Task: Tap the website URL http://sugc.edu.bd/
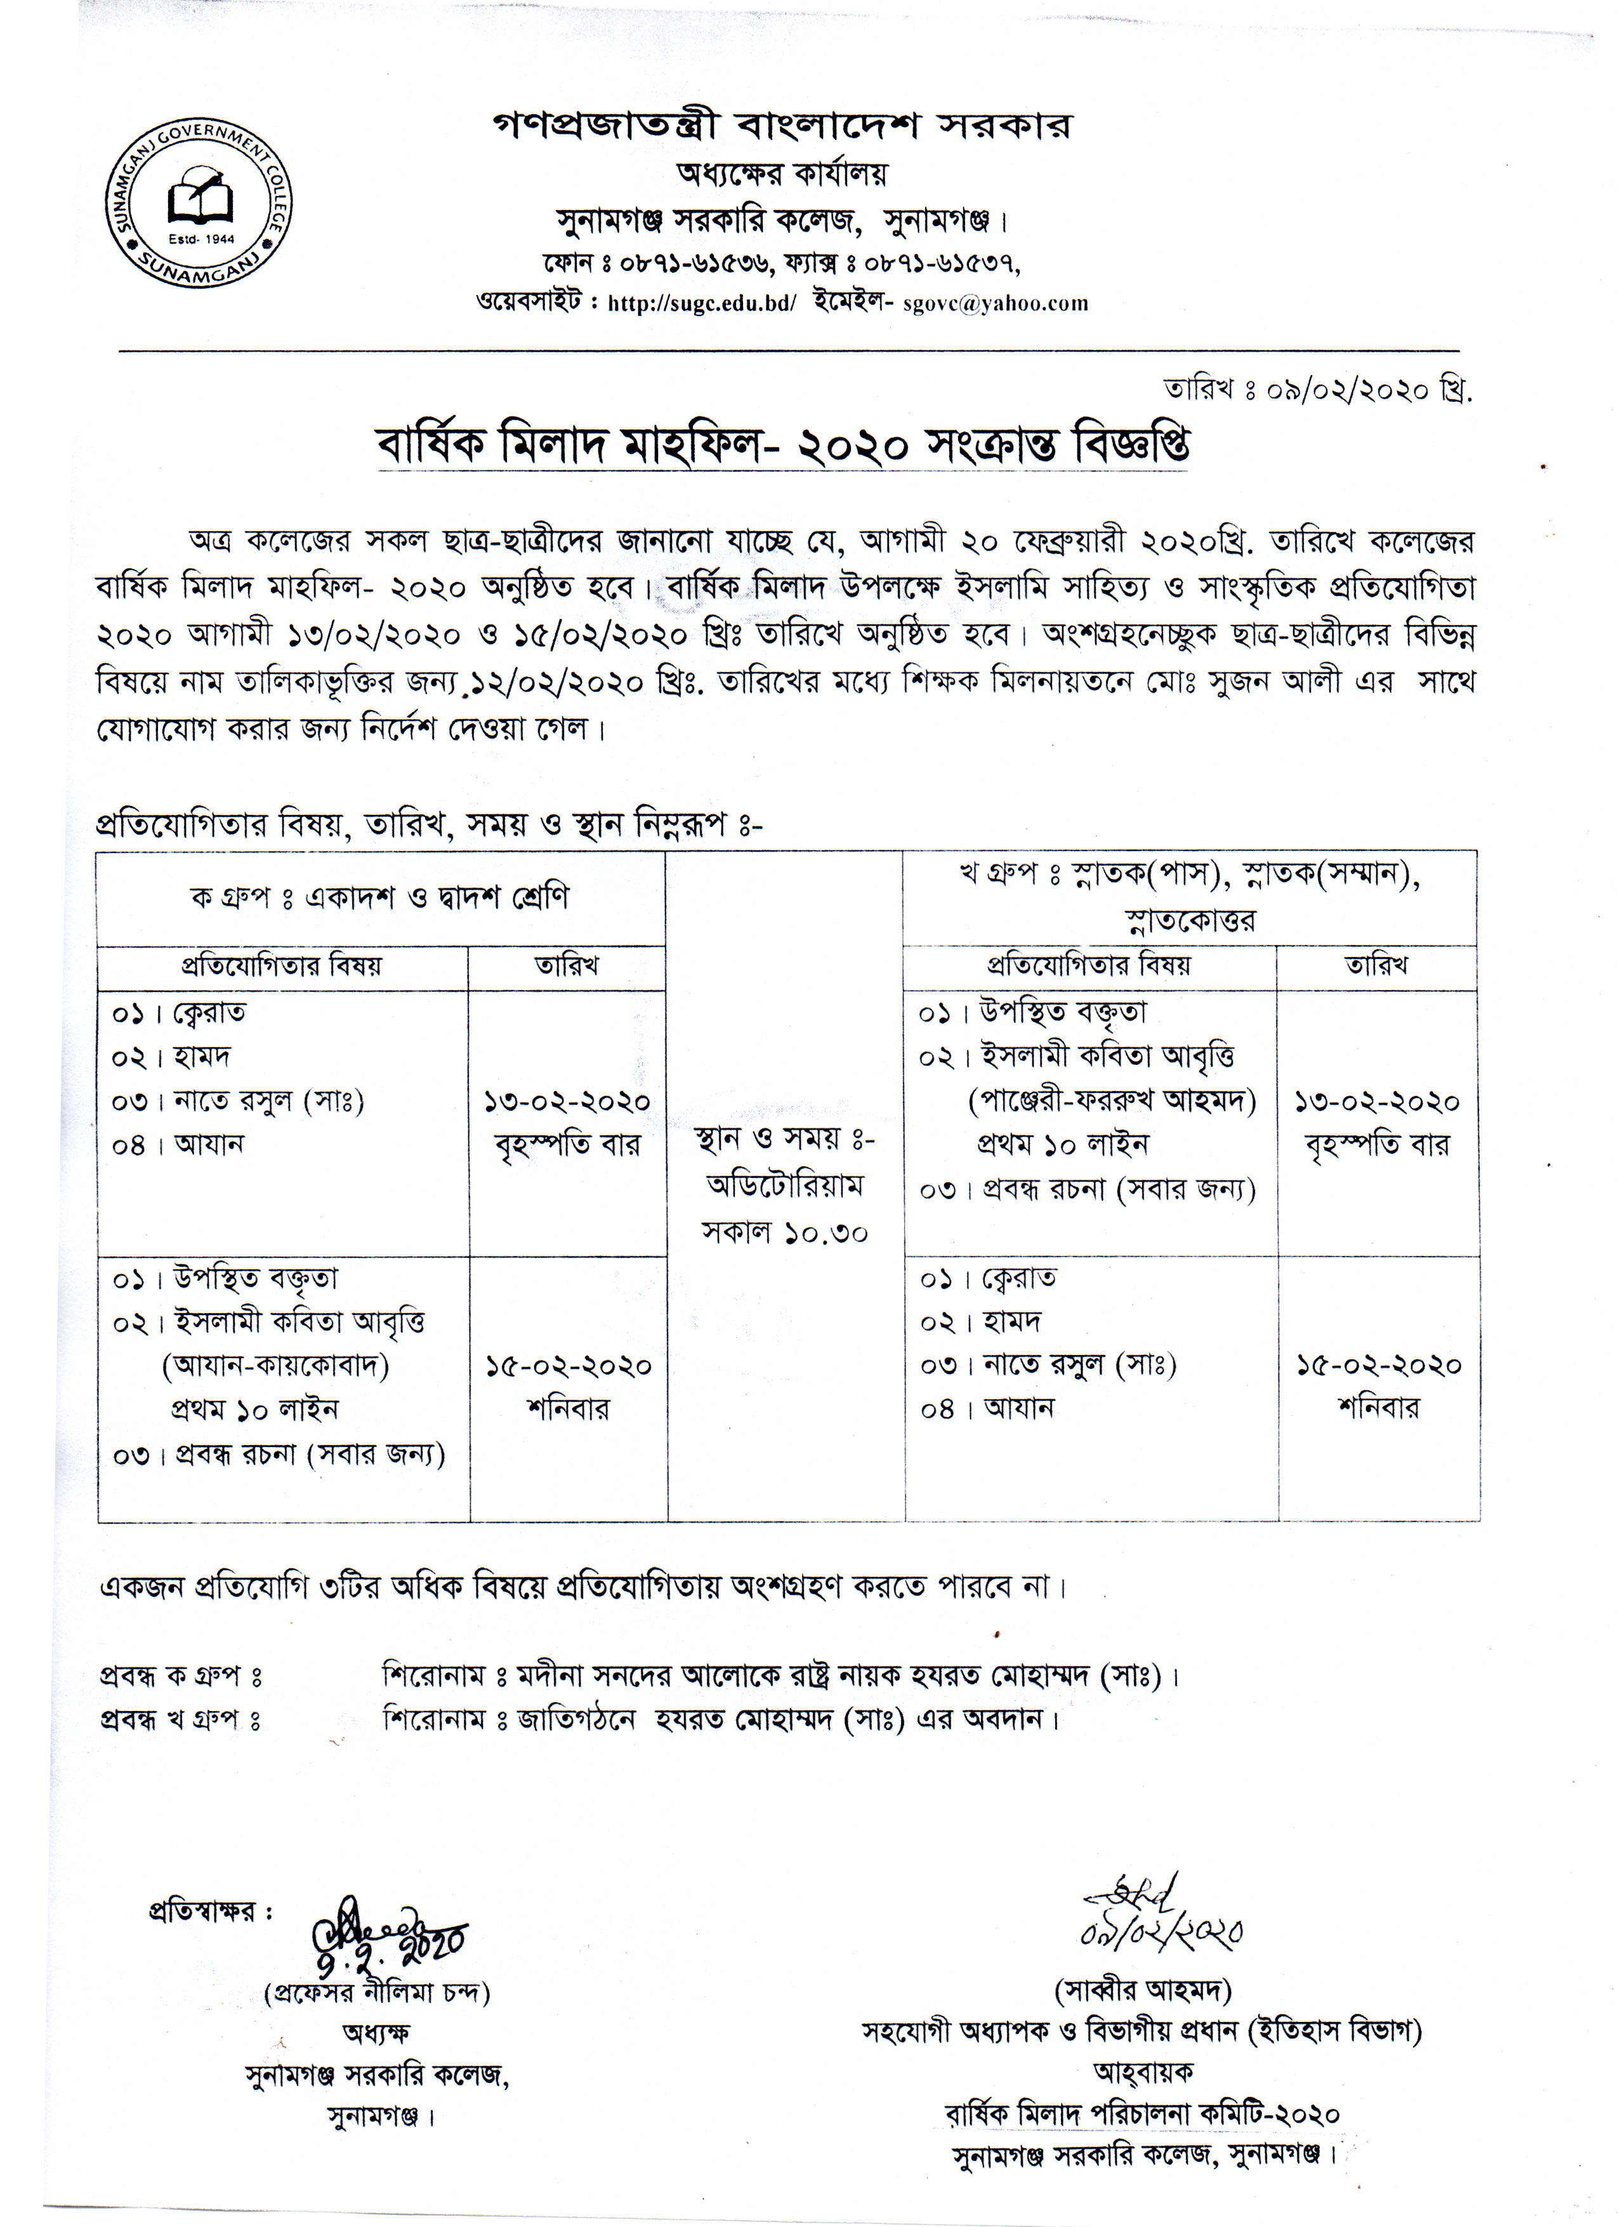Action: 701,303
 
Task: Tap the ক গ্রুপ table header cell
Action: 380,897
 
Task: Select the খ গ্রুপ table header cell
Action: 1189,897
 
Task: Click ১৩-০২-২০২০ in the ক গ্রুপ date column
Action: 567,1102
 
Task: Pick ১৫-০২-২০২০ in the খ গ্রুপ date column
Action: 1378,1366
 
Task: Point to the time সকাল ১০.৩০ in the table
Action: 784,1231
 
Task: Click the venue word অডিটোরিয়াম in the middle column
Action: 784,1186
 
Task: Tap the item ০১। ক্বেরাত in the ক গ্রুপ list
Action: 179,1012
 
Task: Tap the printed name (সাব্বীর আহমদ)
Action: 1142,1990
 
